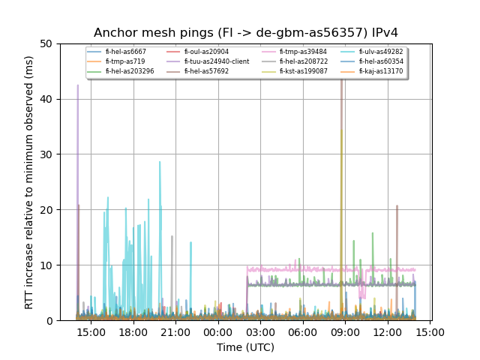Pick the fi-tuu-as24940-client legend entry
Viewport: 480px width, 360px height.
tap(217, 61)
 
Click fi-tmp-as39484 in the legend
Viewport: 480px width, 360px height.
tap(303, 52)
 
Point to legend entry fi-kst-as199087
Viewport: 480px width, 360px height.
tap(303, 71)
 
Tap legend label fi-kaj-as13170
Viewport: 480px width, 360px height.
tap(380, 71)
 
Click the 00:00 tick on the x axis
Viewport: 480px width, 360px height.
tap(218, 332)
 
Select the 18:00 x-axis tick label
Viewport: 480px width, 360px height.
tap(133, 332)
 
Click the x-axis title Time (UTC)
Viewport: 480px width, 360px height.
tap(245, 347)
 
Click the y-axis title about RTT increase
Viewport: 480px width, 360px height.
tap(29, 182)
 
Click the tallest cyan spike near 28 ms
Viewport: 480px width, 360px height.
tap(159, 162)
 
